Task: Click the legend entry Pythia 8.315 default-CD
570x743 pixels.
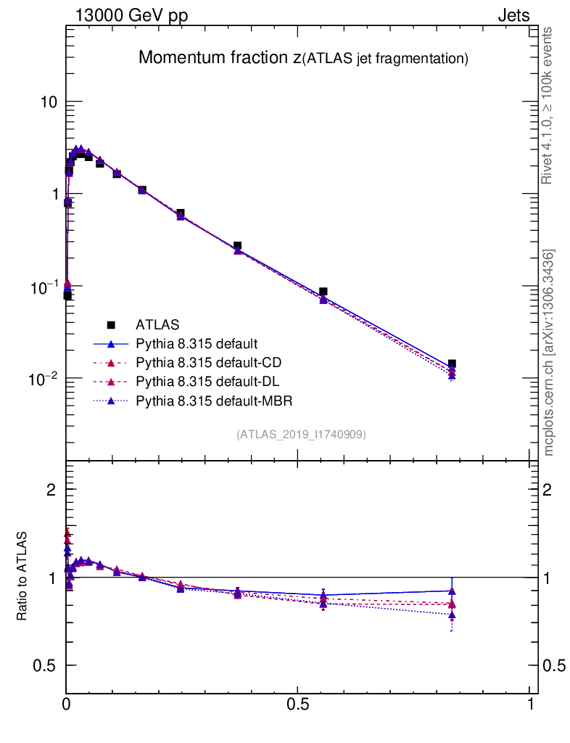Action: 197,362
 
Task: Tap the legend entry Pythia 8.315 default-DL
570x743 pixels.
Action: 197,381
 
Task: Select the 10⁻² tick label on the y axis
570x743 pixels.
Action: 44,378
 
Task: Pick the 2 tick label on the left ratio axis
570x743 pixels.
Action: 51,490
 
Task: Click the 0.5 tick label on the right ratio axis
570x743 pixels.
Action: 553,665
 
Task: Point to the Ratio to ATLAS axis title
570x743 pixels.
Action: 23,577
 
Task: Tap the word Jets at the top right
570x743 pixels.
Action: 513,15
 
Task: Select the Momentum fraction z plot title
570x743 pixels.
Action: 303,58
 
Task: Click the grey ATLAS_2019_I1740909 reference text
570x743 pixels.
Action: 301,435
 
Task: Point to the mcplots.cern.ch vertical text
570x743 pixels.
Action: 549,353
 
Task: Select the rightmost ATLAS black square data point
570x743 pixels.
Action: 452,364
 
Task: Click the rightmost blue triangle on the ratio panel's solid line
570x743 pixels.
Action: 452,591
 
